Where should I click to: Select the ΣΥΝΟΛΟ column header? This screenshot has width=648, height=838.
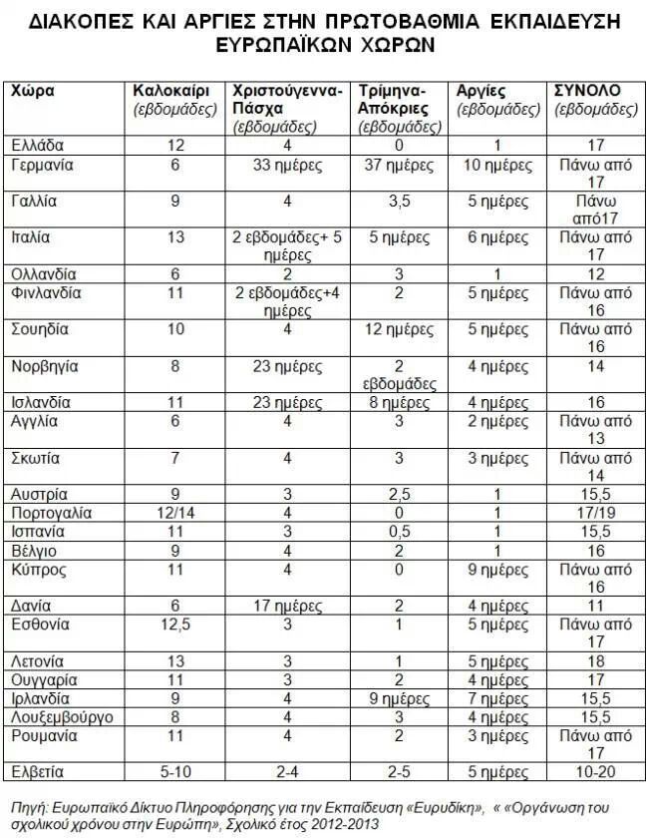point(587,91)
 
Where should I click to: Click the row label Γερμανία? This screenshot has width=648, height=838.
point(44,164)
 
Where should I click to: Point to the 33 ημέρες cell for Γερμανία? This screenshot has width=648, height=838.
point(286,164)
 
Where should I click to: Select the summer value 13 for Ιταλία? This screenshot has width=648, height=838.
point(175,237)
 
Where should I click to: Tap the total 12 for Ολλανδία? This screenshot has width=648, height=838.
point(596,274)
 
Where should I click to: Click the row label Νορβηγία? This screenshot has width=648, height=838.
point(45,366)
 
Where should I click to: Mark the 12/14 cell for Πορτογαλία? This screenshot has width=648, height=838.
point(175,513)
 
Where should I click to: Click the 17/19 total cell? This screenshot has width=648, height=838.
point(596,513)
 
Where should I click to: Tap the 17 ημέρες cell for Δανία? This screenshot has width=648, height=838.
point(286,606)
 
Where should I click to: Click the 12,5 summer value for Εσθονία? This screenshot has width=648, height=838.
point(175,625)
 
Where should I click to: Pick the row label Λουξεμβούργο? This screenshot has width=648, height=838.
point(61,715)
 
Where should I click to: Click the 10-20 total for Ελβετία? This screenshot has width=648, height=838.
point(596,771)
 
